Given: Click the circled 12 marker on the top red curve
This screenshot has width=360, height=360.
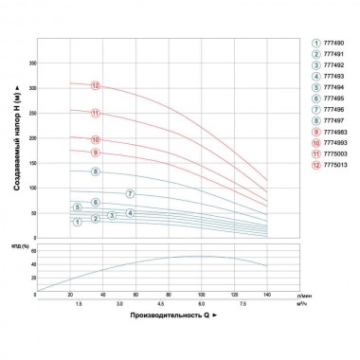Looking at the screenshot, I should point(96,86).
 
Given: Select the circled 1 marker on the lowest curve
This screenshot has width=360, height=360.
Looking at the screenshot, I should point(77,222).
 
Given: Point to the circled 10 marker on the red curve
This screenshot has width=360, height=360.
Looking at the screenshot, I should point(96,141).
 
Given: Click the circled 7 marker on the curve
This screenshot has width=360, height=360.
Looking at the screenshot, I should point(131,194).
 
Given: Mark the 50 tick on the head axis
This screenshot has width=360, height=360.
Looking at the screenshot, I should point(30,216).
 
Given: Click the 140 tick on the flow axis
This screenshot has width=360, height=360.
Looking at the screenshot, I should point(268,297).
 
